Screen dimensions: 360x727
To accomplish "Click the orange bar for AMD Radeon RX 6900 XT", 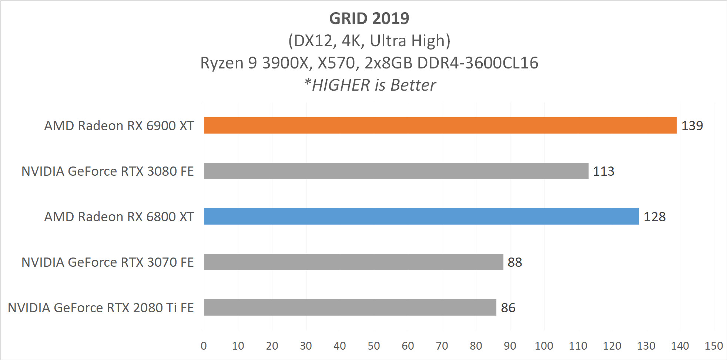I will tap(440, 125).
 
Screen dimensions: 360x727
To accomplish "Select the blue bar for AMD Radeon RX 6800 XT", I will tap(422, 216).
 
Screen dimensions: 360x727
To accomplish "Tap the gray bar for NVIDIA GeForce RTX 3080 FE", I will tap(396, 171).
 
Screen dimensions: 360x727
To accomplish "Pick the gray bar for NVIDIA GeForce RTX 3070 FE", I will tap(354, 262).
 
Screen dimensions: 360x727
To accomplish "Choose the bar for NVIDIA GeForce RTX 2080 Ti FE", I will tap(350, 307).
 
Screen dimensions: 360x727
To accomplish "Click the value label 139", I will tap(692, 126).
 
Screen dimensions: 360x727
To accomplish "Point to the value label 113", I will tap(603, 171).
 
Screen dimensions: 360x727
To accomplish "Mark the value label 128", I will tap(654, 217).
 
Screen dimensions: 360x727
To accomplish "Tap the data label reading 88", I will tap(515, 262).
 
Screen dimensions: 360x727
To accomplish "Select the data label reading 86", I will tap(508, 308).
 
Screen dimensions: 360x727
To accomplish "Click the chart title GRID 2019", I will tap(369, 18).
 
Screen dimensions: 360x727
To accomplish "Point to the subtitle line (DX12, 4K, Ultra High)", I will tap(369, 41).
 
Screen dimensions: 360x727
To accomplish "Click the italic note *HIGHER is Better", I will tap(369, 85).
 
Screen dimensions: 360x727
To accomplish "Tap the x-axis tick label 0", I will tap(204, 346).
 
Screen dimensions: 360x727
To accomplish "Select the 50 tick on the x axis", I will tap(374, 346).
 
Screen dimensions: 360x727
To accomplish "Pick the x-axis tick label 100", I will tap(544, 346).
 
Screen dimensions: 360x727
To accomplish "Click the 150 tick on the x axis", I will tap(714, 346).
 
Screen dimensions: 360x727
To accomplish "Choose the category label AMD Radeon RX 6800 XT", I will tap(119, 217).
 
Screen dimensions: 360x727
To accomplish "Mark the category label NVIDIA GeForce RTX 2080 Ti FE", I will tap(101, 308).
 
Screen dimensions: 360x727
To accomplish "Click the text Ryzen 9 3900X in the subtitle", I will tap(254, 63).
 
